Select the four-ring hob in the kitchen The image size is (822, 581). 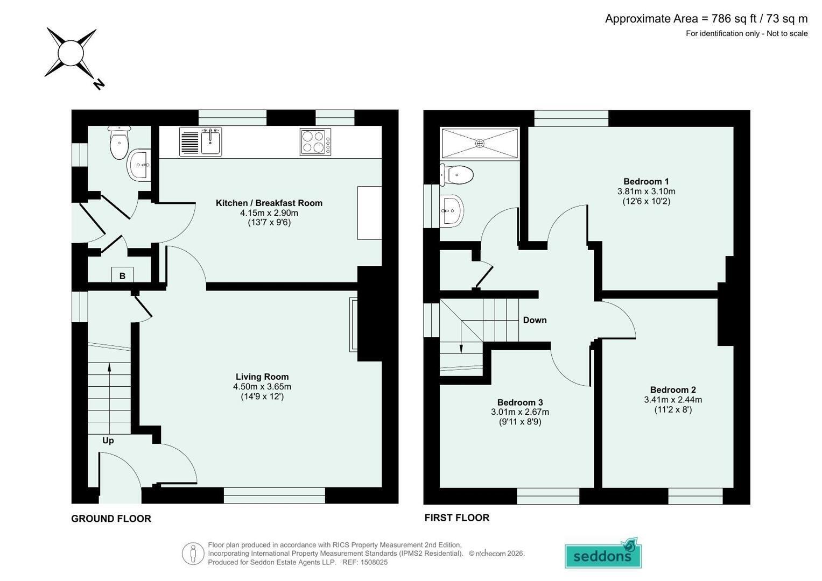pyautogui.click(x=315, y=142)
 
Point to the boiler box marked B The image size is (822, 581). pyautogui.click(x=122, y=275)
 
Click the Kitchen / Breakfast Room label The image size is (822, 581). pyautogui.click(x=269, y=203)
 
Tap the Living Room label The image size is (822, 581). pyautogui.click(x=262, y=377)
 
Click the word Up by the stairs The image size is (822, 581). pyautogui.click(x=108, y=441)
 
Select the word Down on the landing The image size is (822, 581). pyautogui.click(x=535, y=320)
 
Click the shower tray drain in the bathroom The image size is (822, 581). pyautogui.click(x=480, y=144)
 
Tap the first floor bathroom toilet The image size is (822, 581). pyautogui.click(x=456, y=175)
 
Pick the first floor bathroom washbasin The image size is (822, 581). pyautogui.click(x=452, y=211)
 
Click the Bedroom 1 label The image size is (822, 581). pyautogui.click(x=646, y=181)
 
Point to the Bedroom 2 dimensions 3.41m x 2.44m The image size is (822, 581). pyautogui.click(x=673, y=400)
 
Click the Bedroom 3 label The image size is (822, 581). pyautogui.click(x=520, y=402)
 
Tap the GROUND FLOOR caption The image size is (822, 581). pyautogui.click(x=111, y=519)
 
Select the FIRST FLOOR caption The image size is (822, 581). pyautogui.click(x=457, y=518)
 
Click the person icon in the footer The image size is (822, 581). pyautogui.click(x=193, y=554)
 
